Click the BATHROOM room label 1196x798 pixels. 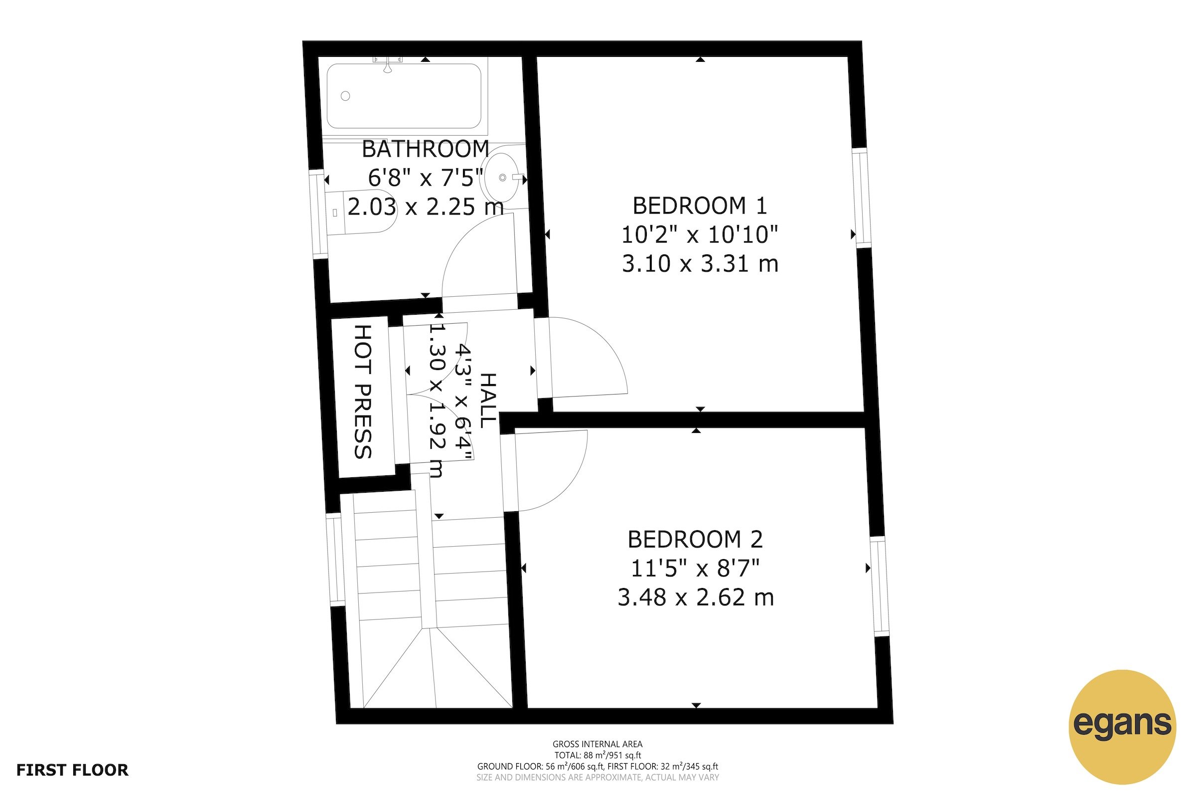click(425, 149)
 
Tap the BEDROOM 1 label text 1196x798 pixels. click(700, 205)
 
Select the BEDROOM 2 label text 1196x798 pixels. click(695, 540)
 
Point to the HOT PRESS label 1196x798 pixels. click(363, 392)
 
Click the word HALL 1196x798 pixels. click(487, 400)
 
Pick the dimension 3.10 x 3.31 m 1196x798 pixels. click(700, 264)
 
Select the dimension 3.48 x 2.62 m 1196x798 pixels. click(695, 598)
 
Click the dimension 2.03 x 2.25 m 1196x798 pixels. click(425, 207)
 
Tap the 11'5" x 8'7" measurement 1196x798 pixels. click(695, 569)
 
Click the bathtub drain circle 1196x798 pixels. click(345, 96)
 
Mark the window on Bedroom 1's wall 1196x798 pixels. click(863, 198)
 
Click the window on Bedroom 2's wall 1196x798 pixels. click(879, 586)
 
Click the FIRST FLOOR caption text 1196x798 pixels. click(72, 770)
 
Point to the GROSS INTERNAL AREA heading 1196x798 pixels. click(598, 744)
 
